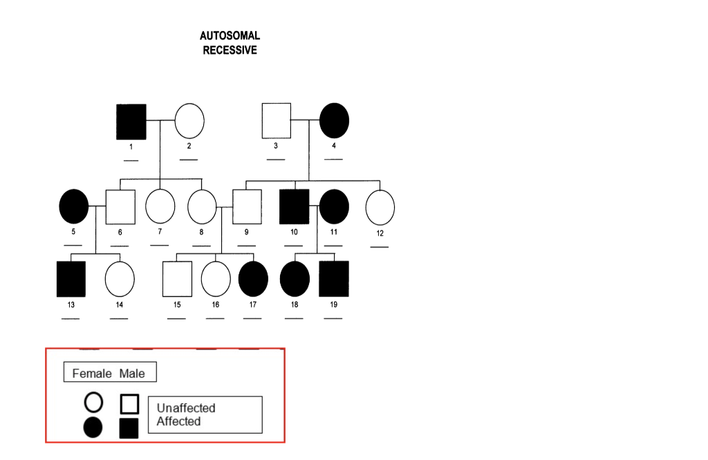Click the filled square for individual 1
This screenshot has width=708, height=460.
coord(131,122)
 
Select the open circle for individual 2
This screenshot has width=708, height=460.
coord(189,121)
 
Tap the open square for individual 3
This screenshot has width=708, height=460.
coord(276,120)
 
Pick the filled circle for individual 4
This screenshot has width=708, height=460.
coord(334,120)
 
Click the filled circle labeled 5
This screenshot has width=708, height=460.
coord(74,206)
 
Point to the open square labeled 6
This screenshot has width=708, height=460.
coord(120,207)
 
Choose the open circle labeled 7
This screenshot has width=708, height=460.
coord(160,206)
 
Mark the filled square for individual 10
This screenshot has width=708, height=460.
coord(295,207)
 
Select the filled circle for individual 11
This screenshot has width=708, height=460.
coord(334,206)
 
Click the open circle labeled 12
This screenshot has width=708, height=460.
coord(380,207)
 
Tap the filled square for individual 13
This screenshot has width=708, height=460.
coord(71,279)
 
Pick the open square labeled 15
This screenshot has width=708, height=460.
coord(177,279)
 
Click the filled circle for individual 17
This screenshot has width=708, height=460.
coord(252,279)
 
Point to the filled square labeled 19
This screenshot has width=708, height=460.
coord(334,279)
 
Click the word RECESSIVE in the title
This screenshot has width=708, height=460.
coord(230,50)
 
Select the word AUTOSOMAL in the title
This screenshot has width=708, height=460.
coord(230,35)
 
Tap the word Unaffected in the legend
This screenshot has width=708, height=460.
coord(186,408)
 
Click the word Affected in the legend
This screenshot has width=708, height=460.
coord(178,421)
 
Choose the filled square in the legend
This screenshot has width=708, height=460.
coord(129,428)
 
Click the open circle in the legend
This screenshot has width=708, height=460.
coord(93,402)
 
